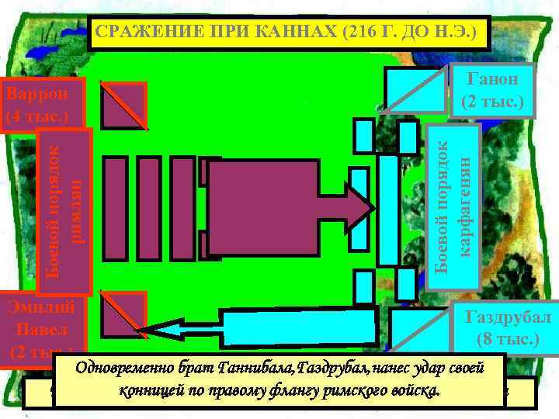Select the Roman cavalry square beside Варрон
[122, 106]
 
